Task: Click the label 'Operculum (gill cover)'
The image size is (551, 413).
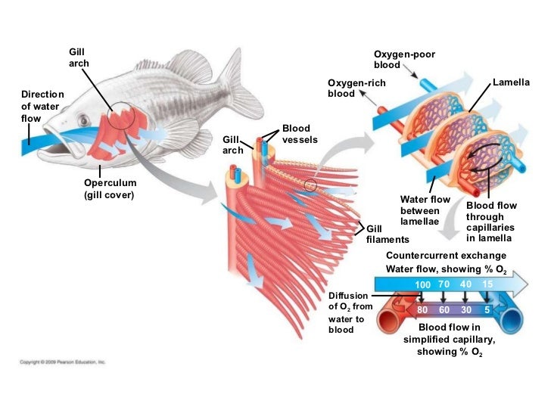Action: (111, 189)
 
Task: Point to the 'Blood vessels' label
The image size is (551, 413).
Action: (300, 134)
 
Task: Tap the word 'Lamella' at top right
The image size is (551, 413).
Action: (511, 81)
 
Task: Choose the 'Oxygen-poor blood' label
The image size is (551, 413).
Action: (404, 59)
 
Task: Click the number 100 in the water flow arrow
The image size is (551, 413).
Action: (422, 284)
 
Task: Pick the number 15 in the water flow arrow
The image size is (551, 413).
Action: (487, 284)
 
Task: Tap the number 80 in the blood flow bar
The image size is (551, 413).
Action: (422, 310)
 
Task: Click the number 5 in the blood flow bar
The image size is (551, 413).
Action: (487, 310)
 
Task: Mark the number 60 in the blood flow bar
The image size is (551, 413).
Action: (445, 310)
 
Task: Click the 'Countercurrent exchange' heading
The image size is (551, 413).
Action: (446, 256)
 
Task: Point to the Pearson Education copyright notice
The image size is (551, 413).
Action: (63, 362)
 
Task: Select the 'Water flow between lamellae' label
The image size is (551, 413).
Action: (425, 210)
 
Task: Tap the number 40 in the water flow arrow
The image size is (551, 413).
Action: (466, 284)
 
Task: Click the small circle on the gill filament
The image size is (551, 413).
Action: (310, 185)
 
